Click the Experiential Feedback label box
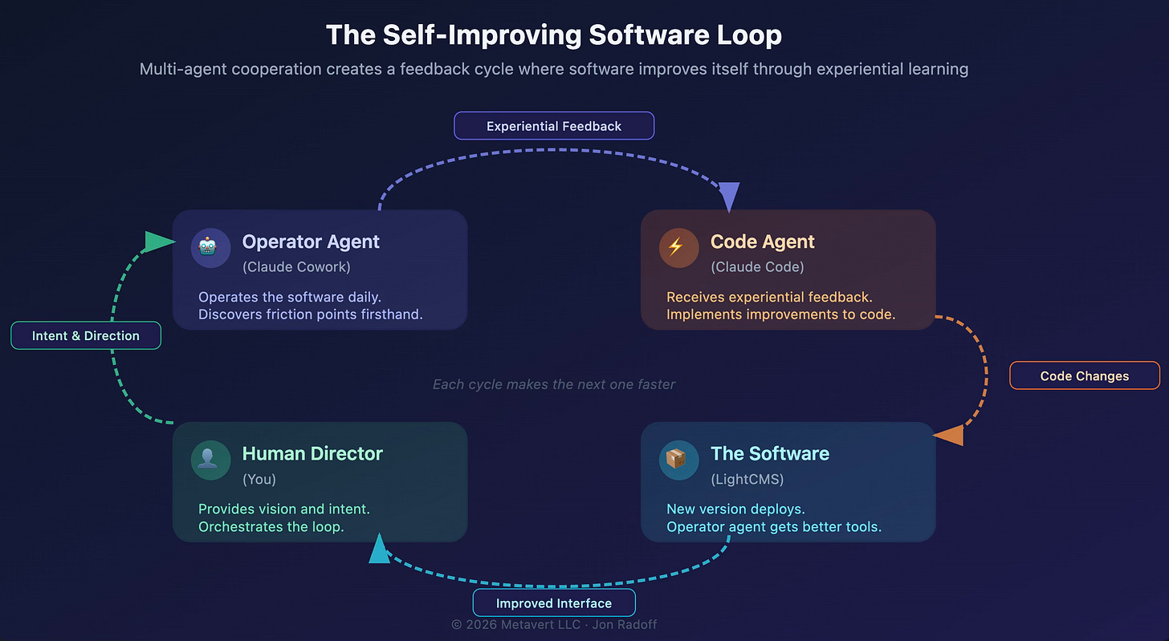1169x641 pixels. click(554, 126)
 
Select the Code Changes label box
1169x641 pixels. click(1084, 375)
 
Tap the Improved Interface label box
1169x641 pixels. click(554, 603)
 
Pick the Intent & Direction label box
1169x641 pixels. click(86, 335)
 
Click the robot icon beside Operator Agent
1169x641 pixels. click(210, 247)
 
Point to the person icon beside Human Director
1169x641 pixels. click(210, 459)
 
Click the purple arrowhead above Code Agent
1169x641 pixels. click(728, 196)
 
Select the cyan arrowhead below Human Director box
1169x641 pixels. click(380, 550)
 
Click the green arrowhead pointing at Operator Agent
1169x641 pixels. click(160, 241)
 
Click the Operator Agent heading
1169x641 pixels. click(311, 241)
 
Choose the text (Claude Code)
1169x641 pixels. click(757, 267)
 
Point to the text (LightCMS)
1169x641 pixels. click(747, 479)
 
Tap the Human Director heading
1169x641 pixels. click(312, 453)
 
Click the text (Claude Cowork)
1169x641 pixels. click(296, 267)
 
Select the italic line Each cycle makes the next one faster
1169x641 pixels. click(554, 384)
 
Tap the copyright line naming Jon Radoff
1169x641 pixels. click(554, 624)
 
